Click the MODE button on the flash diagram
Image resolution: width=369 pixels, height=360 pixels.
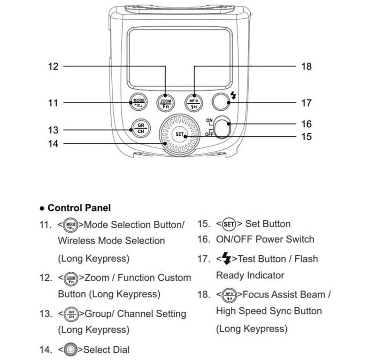coord(138,102)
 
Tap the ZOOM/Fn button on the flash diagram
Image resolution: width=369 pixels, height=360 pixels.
coord(165,103)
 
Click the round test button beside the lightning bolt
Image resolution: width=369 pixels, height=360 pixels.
coord(221,102)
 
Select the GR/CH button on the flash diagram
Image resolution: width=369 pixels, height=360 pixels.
coord(141,129)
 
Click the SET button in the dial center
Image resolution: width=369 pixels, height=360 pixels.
coord(179,134)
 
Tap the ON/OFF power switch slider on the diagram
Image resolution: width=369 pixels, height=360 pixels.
coord(223,127)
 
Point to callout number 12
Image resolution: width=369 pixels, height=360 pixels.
coord(53,67)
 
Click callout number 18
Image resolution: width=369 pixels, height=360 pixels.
coord(307,67)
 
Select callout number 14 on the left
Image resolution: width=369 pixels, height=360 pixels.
coord(53,144)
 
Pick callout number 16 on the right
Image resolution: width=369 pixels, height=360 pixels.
coord(307,124)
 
